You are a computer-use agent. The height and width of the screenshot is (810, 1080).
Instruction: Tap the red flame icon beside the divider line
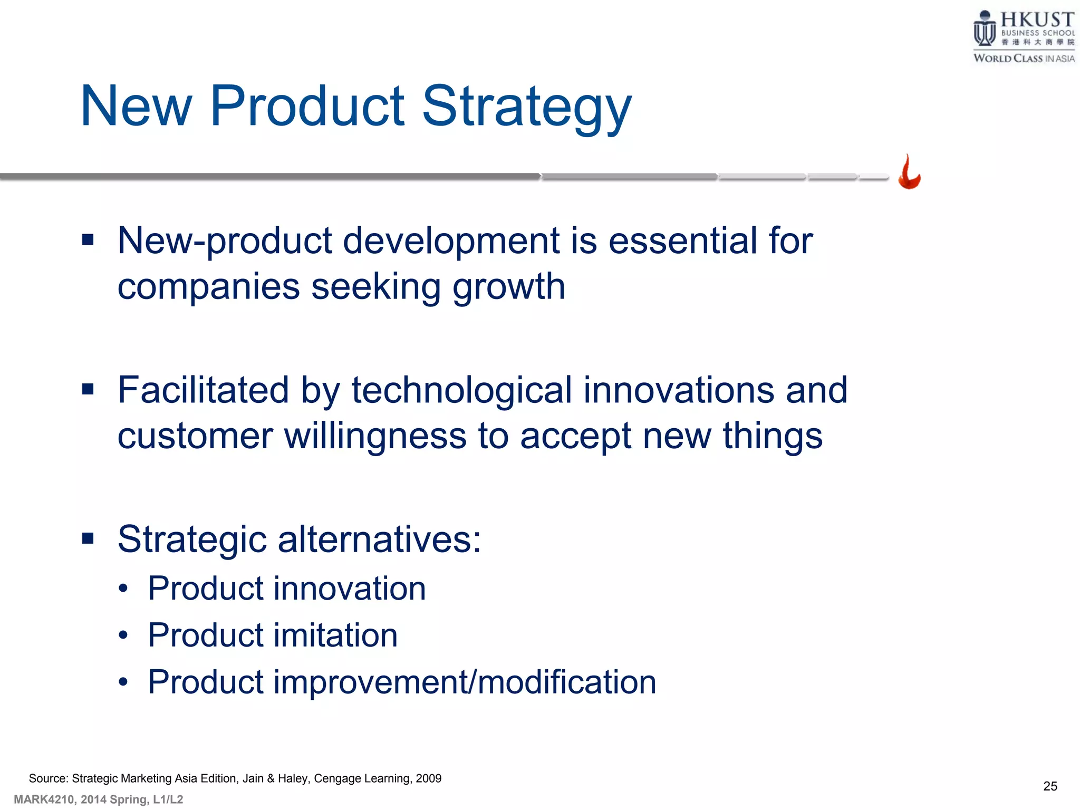click(x=909, y=173)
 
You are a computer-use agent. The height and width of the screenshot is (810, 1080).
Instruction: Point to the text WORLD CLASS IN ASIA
click(x=1024, y=59)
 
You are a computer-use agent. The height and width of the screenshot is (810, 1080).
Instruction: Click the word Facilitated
click(x=203, y=390)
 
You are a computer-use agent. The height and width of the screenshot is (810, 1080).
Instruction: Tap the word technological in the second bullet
click(x=461, y=390)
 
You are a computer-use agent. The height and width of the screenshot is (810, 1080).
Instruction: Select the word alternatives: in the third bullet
click(x=379, y=539)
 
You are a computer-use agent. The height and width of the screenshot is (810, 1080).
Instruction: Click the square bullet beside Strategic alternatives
click(x=88, y=538)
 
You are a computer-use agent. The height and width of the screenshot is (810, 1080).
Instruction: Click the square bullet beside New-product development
click(x=88, y=240)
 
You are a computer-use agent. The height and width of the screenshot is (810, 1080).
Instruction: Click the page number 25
click(x=1050, y=786)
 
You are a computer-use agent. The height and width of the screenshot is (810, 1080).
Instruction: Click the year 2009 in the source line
click(x=428, y=778)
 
